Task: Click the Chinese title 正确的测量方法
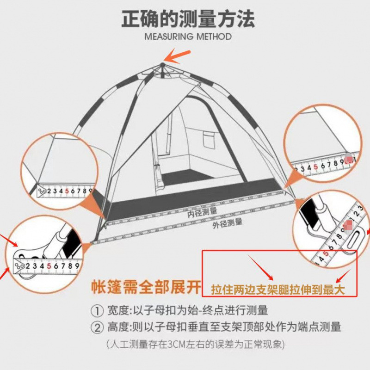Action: [188, 19]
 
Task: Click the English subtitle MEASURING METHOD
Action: [188, 37]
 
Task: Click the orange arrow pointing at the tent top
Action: [178, 56]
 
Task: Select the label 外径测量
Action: [227, 224]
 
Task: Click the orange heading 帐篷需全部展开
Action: [146, 287]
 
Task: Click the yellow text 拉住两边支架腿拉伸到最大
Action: [278, 290]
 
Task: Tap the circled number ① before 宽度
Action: [97, 310]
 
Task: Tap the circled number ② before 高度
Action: [97, 328]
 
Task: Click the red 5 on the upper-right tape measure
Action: [315, 167]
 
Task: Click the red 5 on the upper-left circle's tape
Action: [67, 191]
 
